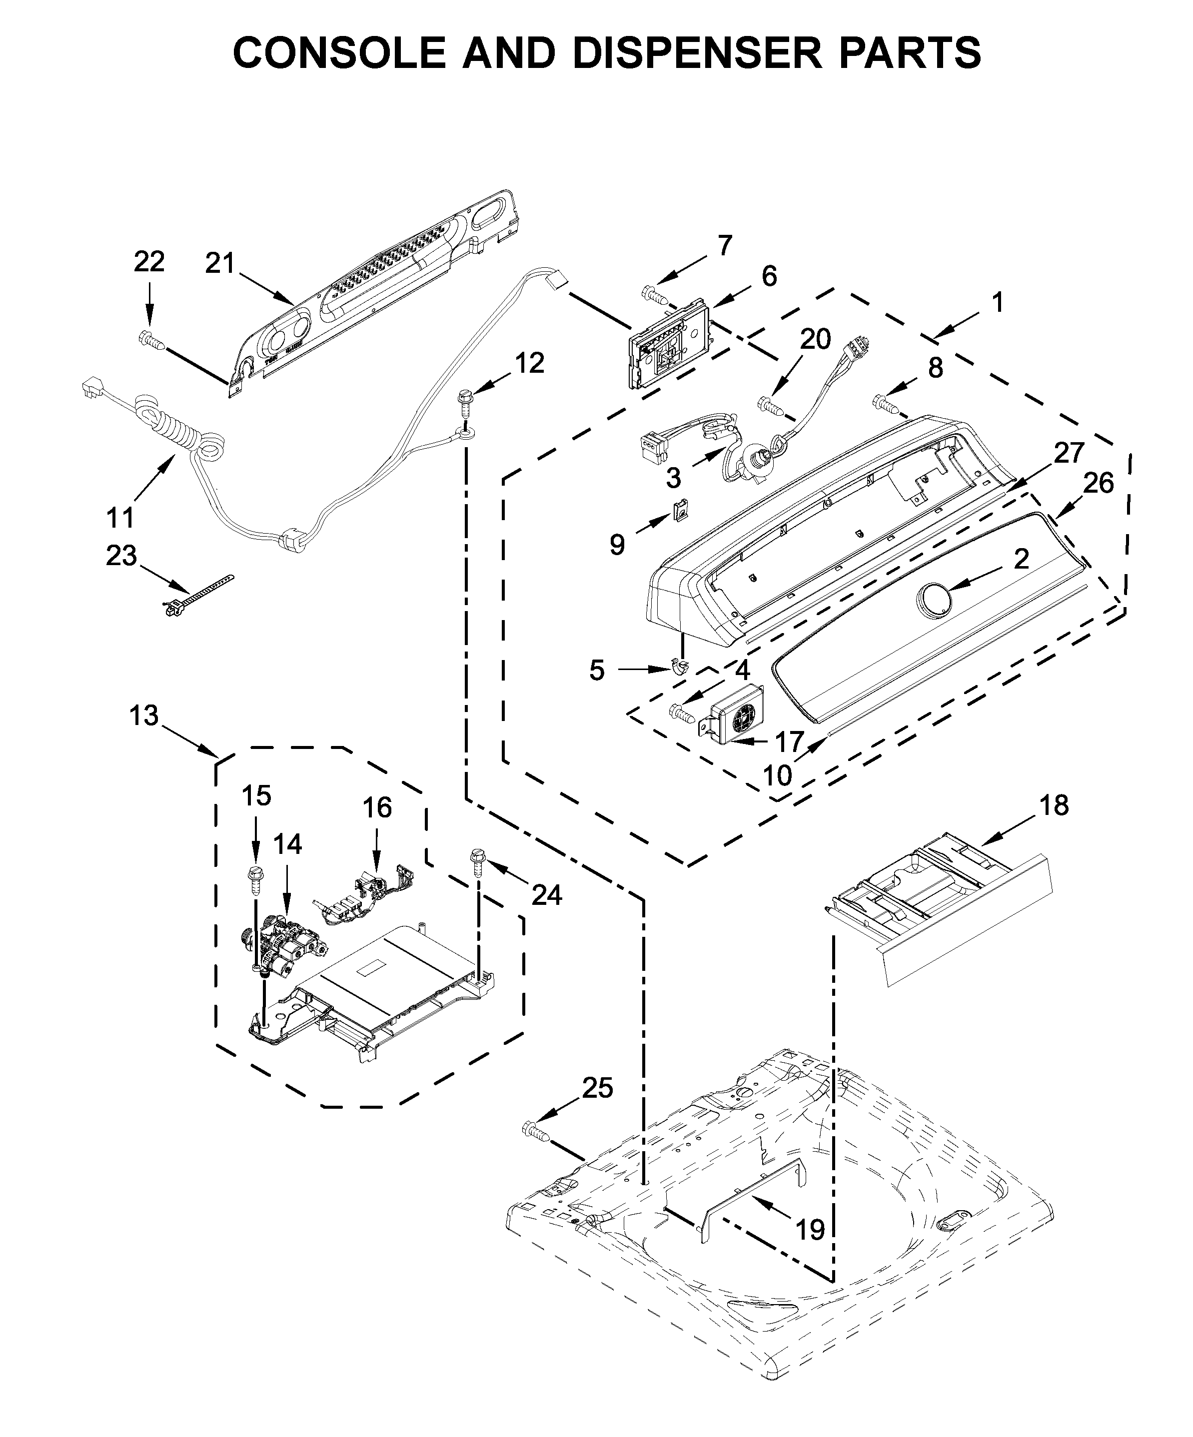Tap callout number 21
(220, 263)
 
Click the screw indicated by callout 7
(654, 295)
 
